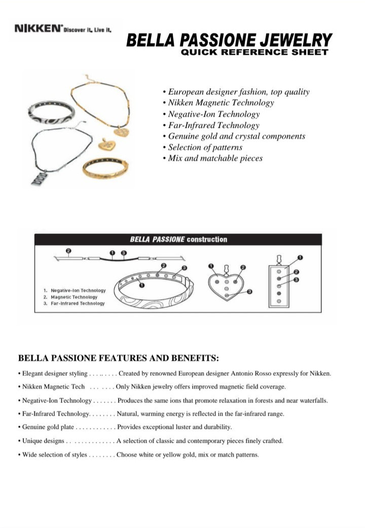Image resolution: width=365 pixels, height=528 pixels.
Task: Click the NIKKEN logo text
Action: pos(38,29)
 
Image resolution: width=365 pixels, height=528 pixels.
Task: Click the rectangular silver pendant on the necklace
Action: pos(39,178)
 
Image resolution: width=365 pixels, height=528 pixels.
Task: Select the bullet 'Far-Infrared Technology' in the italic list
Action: pos(213,125)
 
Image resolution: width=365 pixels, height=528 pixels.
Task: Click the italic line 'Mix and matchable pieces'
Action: pos(215,158)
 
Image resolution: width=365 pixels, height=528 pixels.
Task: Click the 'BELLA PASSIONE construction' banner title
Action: pos(178,240)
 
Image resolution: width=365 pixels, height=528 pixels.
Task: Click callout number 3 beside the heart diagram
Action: pos(250,291)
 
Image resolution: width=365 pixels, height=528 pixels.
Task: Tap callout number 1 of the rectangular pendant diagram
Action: pos(300,257)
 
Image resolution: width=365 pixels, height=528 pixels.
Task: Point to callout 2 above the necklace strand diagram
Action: pos(69,251)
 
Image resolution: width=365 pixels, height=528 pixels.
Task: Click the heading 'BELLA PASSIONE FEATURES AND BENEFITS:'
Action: pos(118,358)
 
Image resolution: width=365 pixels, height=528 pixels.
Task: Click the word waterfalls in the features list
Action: pos(311,401)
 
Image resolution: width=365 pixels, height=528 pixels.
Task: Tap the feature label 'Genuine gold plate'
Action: pos(45,427)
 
